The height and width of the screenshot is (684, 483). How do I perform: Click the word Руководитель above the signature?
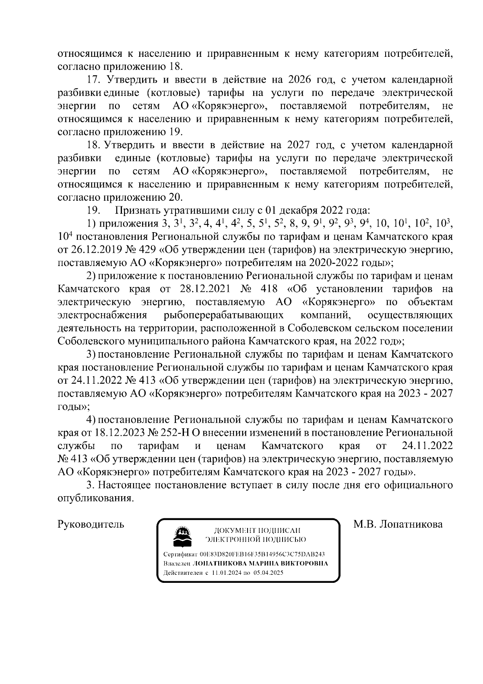click(91, 524)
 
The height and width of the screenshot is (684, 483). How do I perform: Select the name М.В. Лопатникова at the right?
click(398, 524)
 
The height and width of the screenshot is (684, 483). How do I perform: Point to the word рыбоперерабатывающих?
click(223, 315)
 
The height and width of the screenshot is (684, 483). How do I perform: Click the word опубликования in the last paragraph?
click(95, 498)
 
